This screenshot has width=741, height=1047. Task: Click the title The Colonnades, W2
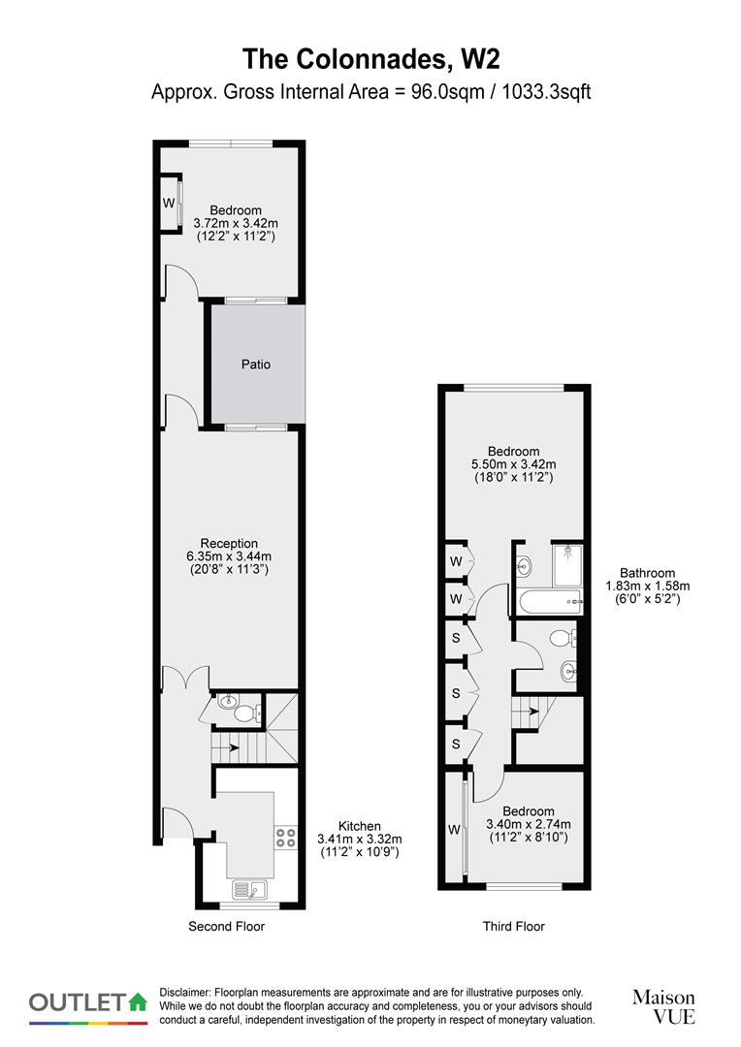click(x=370, y=58)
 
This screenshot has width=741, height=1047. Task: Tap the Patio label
click(x=256, y=365)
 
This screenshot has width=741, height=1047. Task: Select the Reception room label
click(x=229, y=543)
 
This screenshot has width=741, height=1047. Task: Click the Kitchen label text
click(x=359, y=826)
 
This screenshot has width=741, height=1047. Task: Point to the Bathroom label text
click(x=648, y=573)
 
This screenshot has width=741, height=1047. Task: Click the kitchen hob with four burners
click(x=285, y=837)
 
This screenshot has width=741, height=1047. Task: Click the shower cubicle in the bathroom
click(x=565, y=565)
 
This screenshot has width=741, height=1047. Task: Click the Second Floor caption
click(x=226, y=927)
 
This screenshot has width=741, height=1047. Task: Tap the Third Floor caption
click(x=514, y=927)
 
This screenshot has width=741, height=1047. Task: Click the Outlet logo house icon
click(x=138, y=1001)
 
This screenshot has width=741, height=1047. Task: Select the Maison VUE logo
click(x=663, y=1006)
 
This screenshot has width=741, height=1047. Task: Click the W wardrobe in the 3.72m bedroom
click(x=169, y=204)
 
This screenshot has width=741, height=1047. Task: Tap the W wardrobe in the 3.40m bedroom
click(x=454, y=829)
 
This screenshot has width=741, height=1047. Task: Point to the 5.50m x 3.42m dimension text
click(x=513, y=464)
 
